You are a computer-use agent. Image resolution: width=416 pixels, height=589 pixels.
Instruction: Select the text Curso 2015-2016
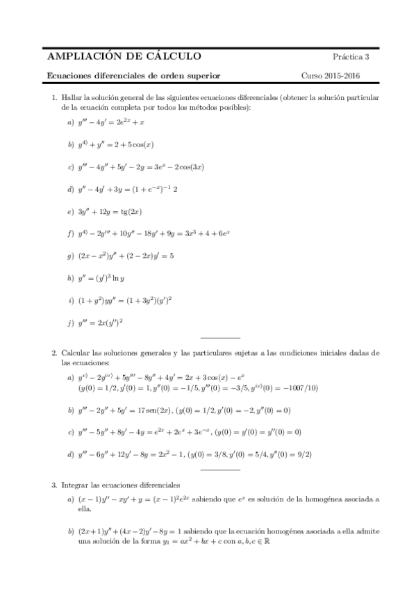coord(330,75)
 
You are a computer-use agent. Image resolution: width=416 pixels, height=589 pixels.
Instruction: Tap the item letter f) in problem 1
coord(70,233)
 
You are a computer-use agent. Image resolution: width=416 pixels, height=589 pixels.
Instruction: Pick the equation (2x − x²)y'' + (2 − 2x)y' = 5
coord(126,256)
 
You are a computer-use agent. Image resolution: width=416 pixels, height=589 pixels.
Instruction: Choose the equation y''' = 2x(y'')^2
coord(101,322)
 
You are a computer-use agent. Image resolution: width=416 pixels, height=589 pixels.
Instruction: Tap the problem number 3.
coord(54,483)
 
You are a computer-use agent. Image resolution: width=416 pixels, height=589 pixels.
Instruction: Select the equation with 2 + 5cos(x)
coord(115,145)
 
